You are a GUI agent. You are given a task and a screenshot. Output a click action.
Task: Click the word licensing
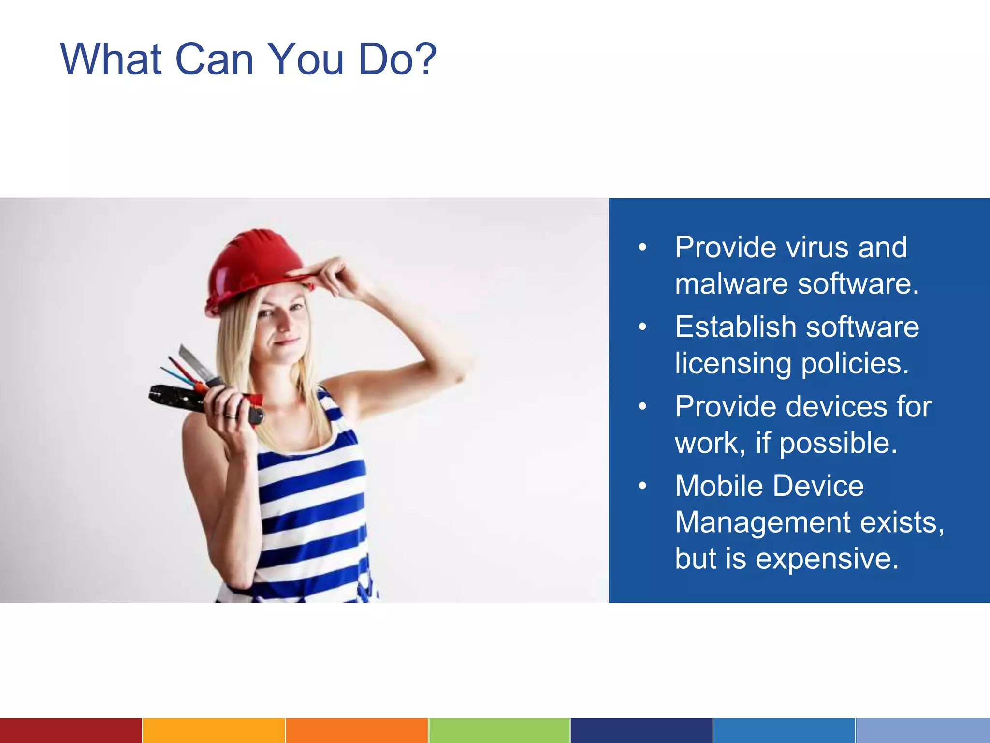[733, 363]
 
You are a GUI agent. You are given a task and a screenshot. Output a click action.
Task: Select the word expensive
[827, 559]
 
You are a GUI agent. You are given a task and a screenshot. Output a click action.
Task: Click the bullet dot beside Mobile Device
[642, 486]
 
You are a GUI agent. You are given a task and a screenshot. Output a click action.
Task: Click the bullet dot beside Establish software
[642, 327]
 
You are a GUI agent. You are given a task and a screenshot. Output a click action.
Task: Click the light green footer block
[499, 730]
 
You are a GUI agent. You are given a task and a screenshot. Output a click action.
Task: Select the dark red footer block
[71, 730]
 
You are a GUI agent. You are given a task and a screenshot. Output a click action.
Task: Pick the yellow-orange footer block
[214, 730]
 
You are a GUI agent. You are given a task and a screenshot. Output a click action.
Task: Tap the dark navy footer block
[641, 730]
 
